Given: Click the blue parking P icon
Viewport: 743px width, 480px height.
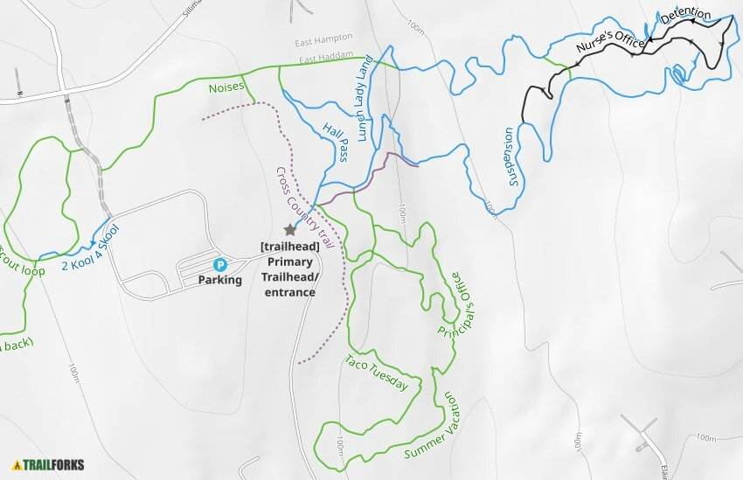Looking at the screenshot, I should pos(220,264).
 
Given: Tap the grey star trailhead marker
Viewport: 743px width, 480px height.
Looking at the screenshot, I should pos(290,229).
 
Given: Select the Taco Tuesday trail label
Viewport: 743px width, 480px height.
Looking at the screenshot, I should pos(377,372).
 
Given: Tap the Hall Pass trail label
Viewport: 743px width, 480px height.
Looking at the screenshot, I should pos(336,142).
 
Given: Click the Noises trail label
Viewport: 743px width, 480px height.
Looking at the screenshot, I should pos(226,88).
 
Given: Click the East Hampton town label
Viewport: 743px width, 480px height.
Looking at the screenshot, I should pos(323,38).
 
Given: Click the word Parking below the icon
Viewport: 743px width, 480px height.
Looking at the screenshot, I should pos(220,281).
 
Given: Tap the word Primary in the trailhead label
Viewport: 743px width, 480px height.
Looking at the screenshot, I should pos(290,261).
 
